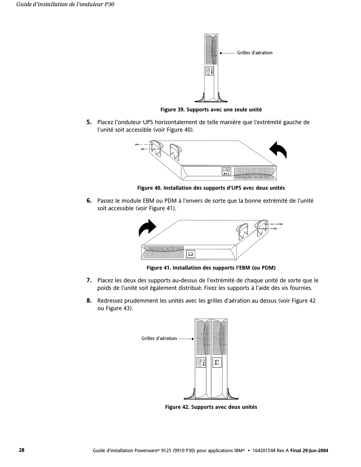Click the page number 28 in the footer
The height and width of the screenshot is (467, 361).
click(22, 450)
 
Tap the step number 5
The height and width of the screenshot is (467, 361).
click(89, 122)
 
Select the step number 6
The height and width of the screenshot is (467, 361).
click(89, 201)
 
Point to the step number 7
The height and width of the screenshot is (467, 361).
click(89, 280)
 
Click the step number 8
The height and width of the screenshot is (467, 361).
click(89, 301)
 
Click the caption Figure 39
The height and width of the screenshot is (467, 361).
click(211, 110)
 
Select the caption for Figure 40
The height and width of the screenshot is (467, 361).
click(211, 188)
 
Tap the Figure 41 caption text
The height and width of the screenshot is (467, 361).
click(211, 268)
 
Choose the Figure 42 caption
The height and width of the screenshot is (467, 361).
click(211, 407)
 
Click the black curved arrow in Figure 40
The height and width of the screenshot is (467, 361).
click(279, 150)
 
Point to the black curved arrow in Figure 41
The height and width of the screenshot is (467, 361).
click(147, 228)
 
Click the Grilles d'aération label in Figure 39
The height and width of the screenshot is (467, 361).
click(255, 53)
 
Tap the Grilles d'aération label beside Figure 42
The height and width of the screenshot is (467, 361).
click(159, 339)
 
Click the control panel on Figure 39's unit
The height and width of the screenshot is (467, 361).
click(209, 71)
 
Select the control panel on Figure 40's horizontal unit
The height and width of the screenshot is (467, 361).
click(226, 171)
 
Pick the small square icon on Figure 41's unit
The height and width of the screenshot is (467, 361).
click(191, 254)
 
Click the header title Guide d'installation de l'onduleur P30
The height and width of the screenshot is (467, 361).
click(65, 5)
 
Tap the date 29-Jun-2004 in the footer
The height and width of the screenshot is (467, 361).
click(315, 451)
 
